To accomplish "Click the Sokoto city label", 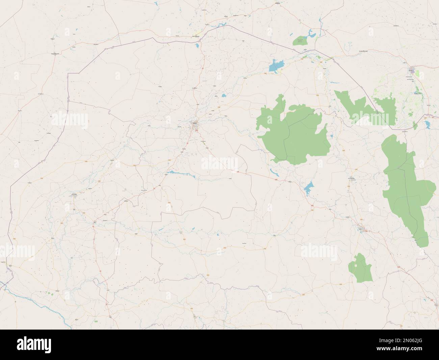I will (194, 124).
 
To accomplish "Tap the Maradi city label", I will (411, 71).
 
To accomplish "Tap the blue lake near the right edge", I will (428, 124).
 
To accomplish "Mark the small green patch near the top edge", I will (300, 41).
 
